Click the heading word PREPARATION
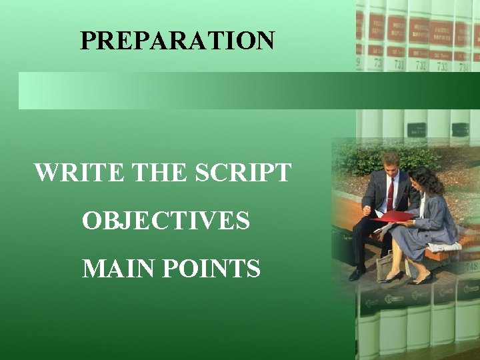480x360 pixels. (177, 41)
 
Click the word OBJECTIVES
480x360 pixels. (166, 220)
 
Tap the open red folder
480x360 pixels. (393, 216)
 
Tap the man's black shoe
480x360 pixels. (358, 273)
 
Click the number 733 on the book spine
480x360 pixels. (442, 67)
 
